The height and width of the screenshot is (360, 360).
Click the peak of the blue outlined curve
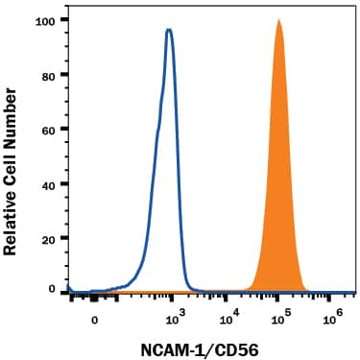pyautogui.click(x=169, y=30)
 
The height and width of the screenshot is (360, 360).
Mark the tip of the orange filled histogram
pyautogui.click(x=278, y=19)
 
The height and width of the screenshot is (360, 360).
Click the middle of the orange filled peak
pyautogui.click(x=278, y=192)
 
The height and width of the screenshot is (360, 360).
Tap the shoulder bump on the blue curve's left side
pyautogui.click(x=155, y=144)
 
